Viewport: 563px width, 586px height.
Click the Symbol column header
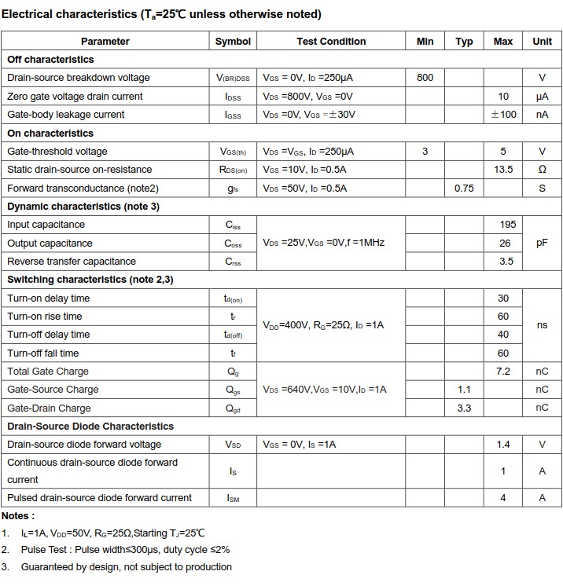point(233,42)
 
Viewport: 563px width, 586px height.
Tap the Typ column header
point(464,42)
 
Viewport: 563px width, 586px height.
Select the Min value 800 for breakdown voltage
point(425,78)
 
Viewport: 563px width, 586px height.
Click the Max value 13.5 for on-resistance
point(503,170)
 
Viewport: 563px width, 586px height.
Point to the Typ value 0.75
point(464,189)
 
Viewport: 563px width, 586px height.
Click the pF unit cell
point(542,244)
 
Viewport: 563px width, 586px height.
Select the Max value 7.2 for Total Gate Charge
point(503,372)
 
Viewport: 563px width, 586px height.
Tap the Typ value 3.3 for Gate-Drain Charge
point(464,408)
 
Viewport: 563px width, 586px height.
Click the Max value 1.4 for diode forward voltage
point(503,445)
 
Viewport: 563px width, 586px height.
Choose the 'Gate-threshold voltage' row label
point(57,152)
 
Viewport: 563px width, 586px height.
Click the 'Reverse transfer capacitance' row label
point(72,262)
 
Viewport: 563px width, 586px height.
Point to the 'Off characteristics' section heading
point(50,60)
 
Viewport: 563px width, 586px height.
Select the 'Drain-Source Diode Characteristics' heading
point(90,427)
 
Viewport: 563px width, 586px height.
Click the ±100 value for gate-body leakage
point(503,115)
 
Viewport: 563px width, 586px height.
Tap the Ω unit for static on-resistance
point(542,170)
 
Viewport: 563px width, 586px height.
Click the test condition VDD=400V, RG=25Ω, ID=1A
point(323,325)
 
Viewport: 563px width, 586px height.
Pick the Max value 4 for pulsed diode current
point(503,498)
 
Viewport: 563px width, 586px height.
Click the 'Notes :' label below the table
point(18,516)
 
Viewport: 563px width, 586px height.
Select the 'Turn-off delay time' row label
point(49,335)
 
